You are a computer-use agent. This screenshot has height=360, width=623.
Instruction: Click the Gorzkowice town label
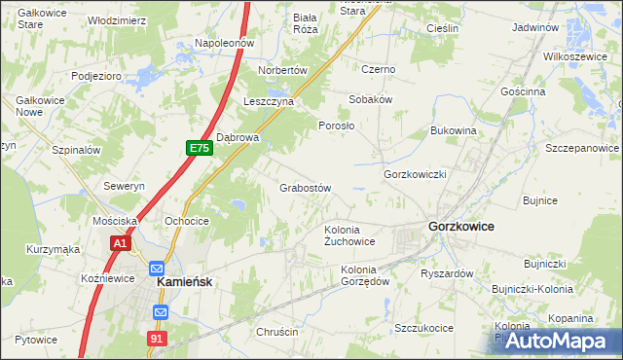pyautogui.click(x=459, y=226)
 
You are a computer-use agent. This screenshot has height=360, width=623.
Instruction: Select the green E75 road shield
pyautogui.click(x=200, y=148)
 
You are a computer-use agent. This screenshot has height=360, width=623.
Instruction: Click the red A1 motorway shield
pyautogui.click(x=120, y=243)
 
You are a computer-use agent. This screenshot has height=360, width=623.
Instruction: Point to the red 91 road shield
pyautogui.click(x=156, y=338)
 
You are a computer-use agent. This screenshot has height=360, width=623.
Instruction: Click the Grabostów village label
pyautogui.click(x=307, y=188)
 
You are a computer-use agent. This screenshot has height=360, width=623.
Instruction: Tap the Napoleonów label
pyautogui.click(x=224, y=44)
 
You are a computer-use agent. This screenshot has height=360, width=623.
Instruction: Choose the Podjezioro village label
pyautogui.click(x=95, y=75)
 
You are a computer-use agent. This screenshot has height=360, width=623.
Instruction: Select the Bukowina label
pyautogui.click(x=453, y=129)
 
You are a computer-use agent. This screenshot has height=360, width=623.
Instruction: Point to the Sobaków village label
pyautogui.click(x=371, y=99)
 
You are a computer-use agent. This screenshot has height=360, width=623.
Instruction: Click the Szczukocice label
pyautogui.click(x=423, y=328)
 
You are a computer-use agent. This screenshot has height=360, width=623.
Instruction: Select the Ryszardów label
pyautogui.click(x=447, y=273)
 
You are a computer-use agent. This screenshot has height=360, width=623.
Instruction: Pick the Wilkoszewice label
pyautogui.click(x=582, y=57)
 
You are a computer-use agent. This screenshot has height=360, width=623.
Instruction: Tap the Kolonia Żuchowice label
pyautogui.click(x=349, y=235)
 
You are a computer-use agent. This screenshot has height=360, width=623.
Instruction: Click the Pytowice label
pyautogui.click(x=36, y=340)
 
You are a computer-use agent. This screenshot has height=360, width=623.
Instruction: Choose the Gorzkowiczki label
pyautogui.click(x=415, y=174)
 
